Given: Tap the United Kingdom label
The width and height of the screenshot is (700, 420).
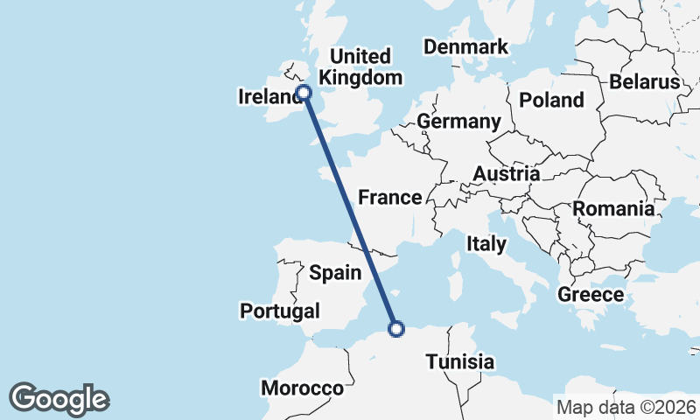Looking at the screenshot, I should tap(361, 67).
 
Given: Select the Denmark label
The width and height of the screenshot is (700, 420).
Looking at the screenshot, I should tap(465, 46).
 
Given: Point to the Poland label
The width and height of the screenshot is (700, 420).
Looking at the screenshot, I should tap(551, 100).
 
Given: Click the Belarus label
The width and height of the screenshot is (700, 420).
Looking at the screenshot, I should tap(645, 82).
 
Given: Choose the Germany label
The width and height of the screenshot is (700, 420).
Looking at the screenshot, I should tap(458, 121).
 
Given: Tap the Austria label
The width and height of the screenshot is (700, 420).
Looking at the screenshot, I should tap(506, 174).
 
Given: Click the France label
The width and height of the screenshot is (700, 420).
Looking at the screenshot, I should tap(390, 197).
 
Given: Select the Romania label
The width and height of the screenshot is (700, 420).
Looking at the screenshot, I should tap(613, 209).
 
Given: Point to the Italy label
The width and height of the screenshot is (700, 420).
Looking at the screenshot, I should tap(486, 243).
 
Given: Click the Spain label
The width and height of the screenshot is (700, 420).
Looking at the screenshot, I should tap(335, 273).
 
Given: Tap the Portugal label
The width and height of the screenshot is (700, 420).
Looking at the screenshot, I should tap(280, 311).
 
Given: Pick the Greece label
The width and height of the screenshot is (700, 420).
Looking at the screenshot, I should tap(591, 295).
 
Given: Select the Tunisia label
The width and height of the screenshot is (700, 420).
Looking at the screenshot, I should tap(460, 361).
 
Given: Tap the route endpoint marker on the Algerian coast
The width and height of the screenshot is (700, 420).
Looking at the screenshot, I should tap(396, 329).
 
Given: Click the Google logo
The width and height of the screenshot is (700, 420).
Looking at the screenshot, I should tap(59, 399).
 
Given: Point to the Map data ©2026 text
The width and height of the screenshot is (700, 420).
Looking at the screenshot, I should tap(626, 407).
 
